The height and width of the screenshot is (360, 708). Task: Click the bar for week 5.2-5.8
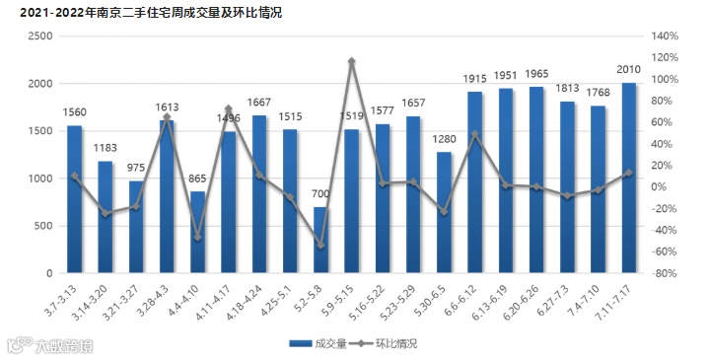[321, 240]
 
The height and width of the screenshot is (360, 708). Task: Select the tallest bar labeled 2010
[629, 178]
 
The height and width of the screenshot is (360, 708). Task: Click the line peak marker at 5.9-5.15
[352, 61]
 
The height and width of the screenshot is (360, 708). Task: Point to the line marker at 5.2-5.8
[321, 245]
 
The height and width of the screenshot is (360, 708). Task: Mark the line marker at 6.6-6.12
[475, 134]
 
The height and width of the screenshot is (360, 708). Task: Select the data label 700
[321, 194]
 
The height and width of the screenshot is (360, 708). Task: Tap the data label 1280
[445, 139]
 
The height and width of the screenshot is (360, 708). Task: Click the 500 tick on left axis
[43, 226]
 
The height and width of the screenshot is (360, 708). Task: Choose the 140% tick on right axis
[667, 36]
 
